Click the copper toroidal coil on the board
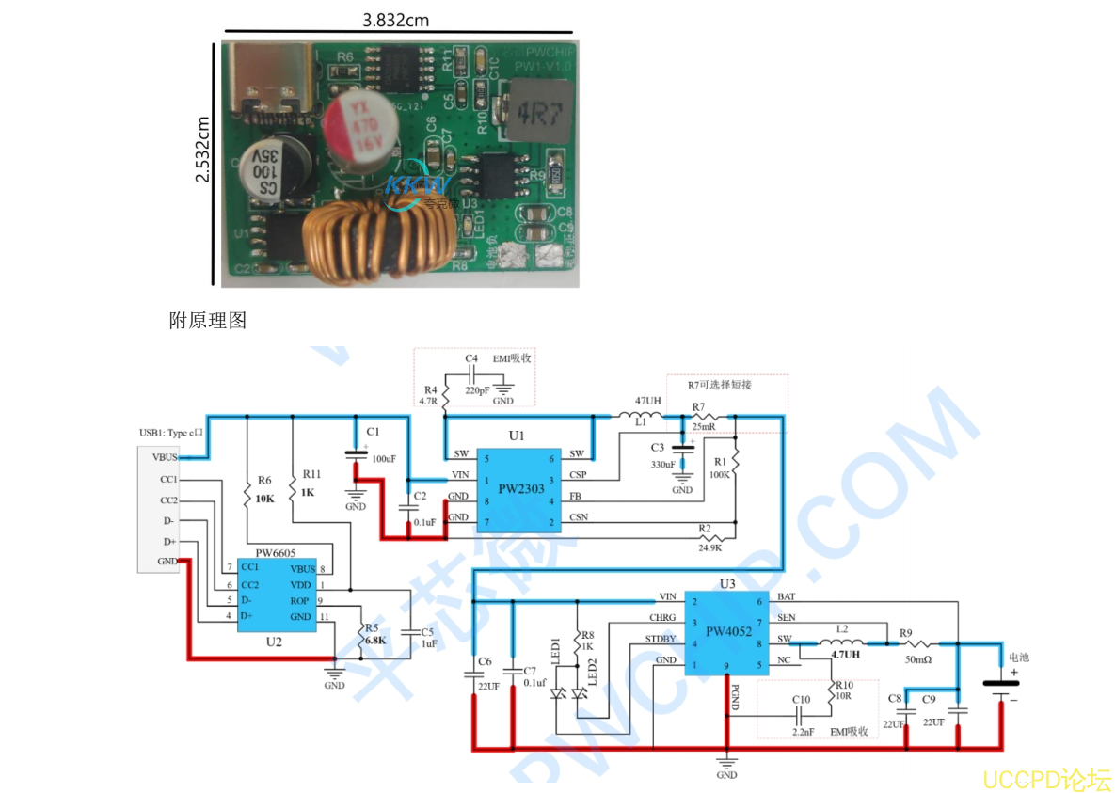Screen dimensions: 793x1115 [376, 237]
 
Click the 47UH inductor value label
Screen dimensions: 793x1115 [648, 401]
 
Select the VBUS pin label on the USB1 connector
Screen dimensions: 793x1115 [164, 457]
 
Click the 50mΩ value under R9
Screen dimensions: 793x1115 [917, 660]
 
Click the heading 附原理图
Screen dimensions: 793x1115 [207, 321]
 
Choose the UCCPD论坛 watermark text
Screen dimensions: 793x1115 [1046, 779]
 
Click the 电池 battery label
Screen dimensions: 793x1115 [1018, 657]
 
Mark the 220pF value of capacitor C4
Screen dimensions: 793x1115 [476, 390]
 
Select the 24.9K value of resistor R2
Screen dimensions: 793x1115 [709, 547]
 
